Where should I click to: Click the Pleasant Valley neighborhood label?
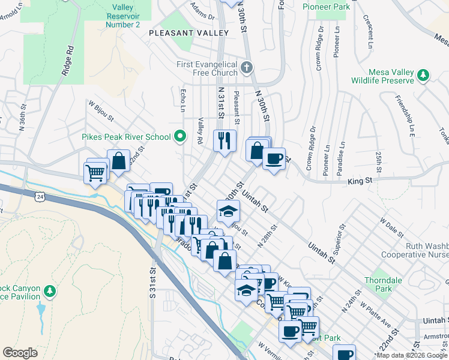[x=189, y=32]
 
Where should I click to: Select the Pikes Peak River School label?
[x=127, y=137]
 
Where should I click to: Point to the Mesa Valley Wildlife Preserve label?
[x=384, y=75]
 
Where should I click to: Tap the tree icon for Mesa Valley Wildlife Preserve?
[x=424, y=75]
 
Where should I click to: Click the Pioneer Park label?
[x=325, y=7]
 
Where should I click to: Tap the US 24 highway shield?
[x=40, y=196]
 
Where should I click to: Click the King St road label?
[x=360, y=180]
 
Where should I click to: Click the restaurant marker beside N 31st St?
[x=225, y=141]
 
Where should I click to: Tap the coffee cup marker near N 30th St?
[x=274, y=159]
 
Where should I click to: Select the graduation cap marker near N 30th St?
[x=229, y=211]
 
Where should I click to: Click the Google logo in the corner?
[x=20, y=353]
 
